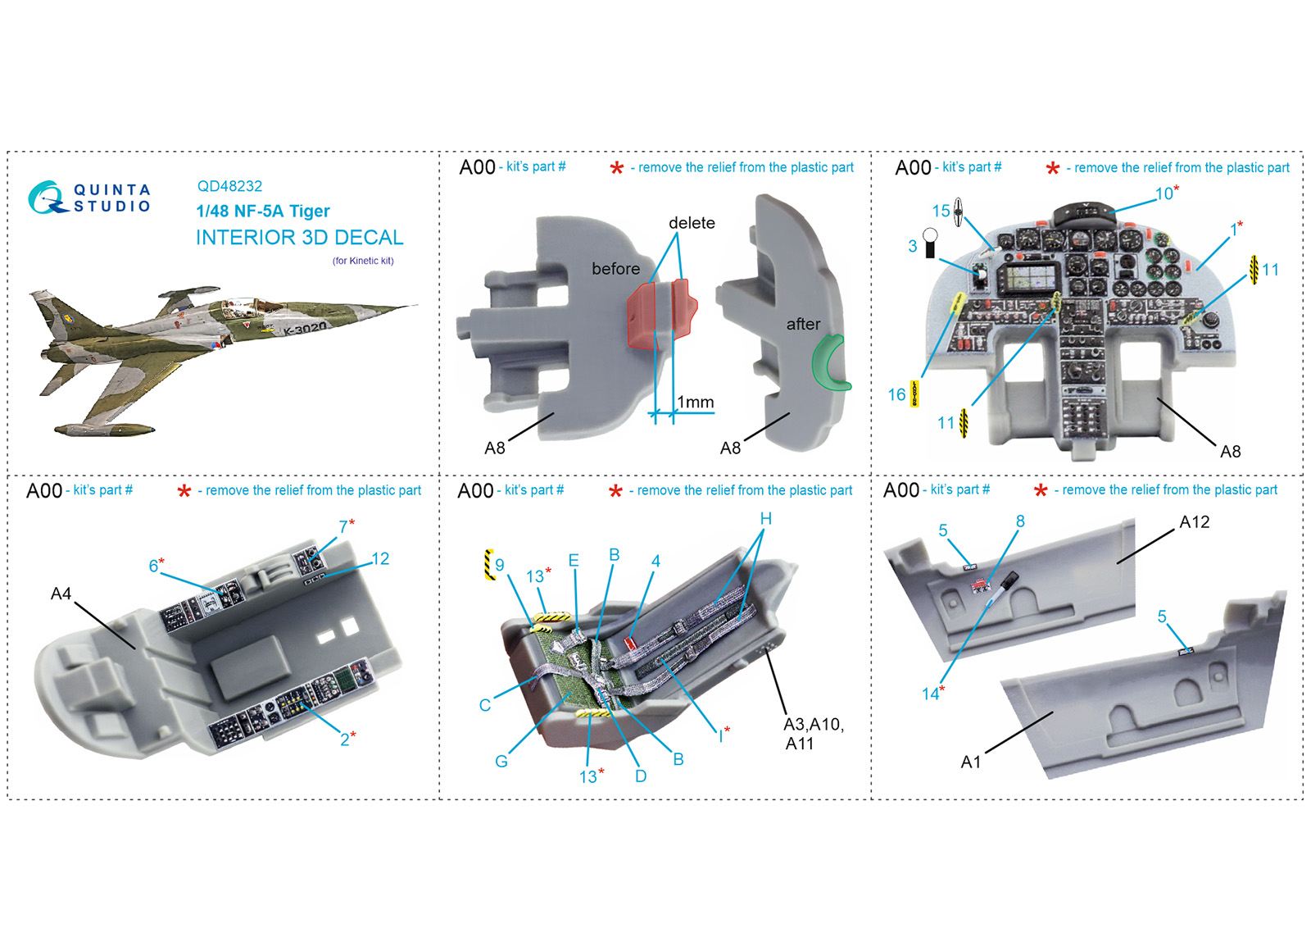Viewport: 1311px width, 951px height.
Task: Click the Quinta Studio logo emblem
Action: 46,198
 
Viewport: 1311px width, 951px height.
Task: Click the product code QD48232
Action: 229,186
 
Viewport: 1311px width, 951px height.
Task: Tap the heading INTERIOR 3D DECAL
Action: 300,237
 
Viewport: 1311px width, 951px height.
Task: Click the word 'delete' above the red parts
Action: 692,222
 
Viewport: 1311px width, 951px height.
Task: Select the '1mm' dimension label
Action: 696,403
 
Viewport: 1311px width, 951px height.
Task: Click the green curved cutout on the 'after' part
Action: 830,363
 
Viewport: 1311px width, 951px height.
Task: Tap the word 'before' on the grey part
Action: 615,269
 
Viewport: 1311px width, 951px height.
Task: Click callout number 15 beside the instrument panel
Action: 941,211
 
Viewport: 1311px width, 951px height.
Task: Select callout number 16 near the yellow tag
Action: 896,394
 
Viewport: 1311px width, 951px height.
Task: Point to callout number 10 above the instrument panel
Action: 1164,193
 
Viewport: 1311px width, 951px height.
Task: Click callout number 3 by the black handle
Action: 913,246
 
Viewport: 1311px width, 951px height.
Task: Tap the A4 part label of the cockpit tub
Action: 61,594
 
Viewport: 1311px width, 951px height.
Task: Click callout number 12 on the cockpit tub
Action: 380,558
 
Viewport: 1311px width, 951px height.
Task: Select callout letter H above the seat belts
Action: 765,519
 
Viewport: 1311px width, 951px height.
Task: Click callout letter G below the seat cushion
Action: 501,762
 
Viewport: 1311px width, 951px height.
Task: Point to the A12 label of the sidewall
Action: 1194,521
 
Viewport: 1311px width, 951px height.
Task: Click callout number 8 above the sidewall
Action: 1020,521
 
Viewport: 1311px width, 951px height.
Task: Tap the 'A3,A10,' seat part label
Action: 814,725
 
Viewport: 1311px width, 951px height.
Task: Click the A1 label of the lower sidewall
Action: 970,762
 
